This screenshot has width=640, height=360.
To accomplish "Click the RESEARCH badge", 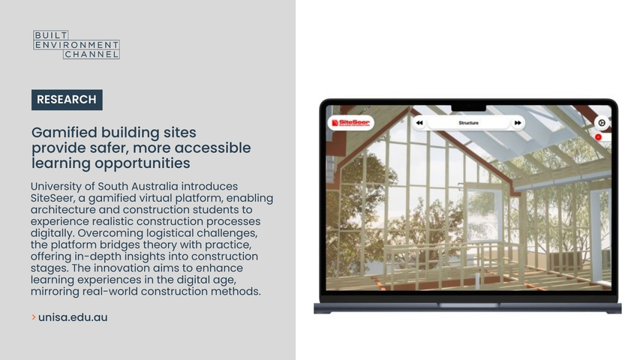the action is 67,100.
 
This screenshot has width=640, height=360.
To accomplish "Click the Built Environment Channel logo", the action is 77,44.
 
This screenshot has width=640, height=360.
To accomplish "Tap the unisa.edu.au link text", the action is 73,317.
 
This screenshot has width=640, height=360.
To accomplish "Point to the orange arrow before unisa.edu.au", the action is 34,317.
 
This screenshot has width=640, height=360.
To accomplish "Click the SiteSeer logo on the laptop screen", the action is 350,122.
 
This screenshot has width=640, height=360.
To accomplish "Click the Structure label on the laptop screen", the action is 469,123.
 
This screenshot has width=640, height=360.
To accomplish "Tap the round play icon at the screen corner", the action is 602,122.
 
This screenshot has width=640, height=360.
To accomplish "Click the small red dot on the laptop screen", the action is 599,137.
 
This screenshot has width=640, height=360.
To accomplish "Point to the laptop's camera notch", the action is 469,108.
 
